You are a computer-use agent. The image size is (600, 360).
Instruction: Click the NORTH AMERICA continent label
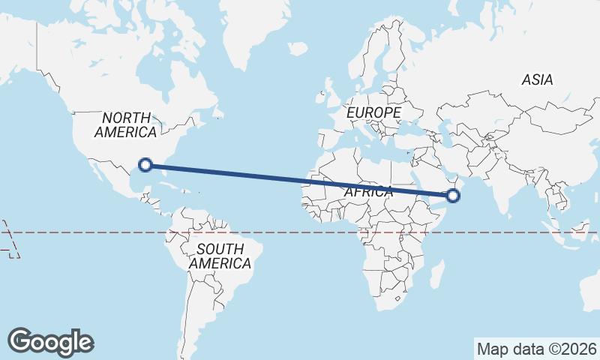coord(125,124)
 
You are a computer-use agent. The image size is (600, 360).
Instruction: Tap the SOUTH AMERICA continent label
coord(220,256)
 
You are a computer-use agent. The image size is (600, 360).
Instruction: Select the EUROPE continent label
coord(374,112)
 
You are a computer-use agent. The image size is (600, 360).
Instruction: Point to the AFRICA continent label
coord(368,192)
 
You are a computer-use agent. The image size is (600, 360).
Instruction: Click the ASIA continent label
coord(537,79)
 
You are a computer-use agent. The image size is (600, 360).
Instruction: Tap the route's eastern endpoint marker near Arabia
coord(452,196)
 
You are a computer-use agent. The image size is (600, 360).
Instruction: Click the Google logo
coord(50,341)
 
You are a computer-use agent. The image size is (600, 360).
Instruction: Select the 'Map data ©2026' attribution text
coord(537,349)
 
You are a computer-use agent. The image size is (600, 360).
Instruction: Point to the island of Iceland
coord(298,48)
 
